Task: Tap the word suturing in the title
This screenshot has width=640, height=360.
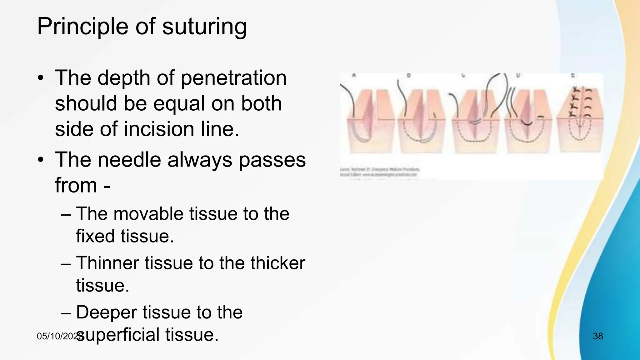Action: [x=204, y=27]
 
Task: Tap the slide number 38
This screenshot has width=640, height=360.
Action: [x=597, y=336]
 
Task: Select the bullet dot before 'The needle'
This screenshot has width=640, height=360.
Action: [x=40, y=160]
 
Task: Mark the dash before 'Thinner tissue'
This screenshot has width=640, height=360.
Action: [x=66, y=263]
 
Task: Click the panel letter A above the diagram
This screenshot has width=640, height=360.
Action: [x=354, y=75]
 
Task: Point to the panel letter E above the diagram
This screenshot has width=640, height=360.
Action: [x=573, y=76]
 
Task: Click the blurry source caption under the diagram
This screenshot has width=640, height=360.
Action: [x=380, y=172]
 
